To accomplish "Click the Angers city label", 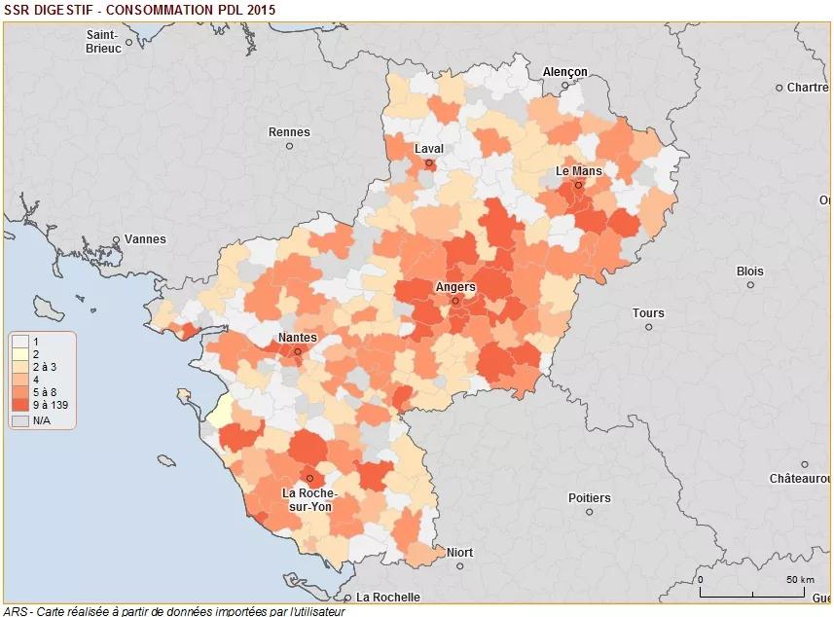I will [x=454, y=287].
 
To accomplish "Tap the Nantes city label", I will [x=296, y=337].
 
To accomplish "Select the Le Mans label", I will [x=578, y=170].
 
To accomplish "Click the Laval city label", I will [x=428, y=149].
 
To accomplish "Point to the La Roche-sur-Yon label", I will [x=309, y=499].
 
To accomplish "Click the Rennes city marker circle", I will [x=289, y=146].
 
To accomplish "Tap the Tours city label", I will [x=648, y=313].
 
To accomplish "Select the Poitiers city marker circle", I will [x=589, y=511].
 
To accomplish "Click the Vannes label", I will [x=145, y=238].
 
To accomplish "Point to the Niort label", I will [x=459, y=553].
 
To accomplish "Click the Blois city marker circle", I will [x=750, y=285].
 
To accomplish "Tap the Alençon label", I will [x=564, y=72].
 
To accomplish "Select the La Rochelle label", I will [x=387, y=597].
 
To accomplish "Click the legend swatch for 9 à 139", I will [x=20, y=404].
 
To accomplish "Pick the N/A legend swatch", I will [x=20, y=420].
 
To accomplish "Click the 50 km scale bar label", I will [x=800, y=580].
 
